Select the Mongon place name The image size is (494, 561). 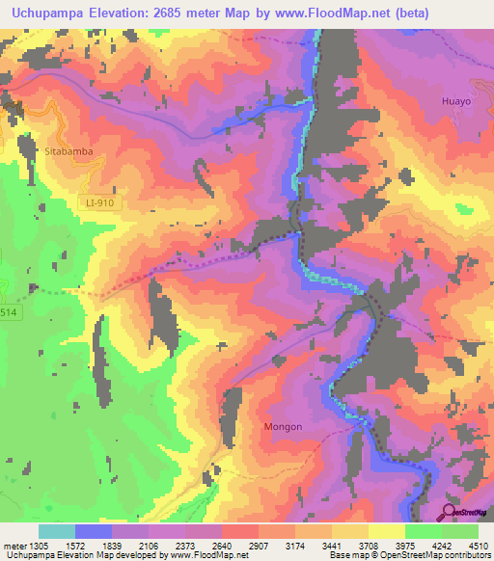click(x=283, y=427)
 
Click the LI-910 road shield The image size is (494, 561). click(x=92, y=201)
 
